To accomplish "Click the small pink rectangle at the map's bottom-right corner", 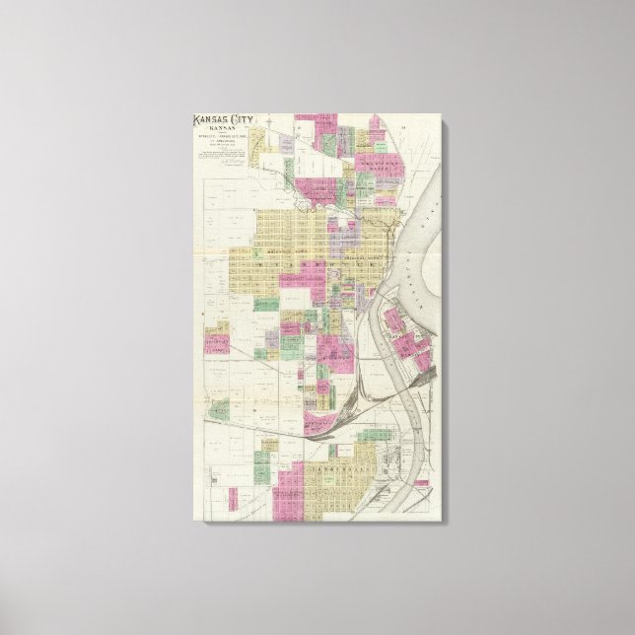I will point(421,483).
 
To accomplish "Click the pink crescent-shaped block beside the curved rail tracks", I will point(317,426).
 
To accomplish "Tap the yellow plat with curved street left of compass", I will point(255,148).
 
